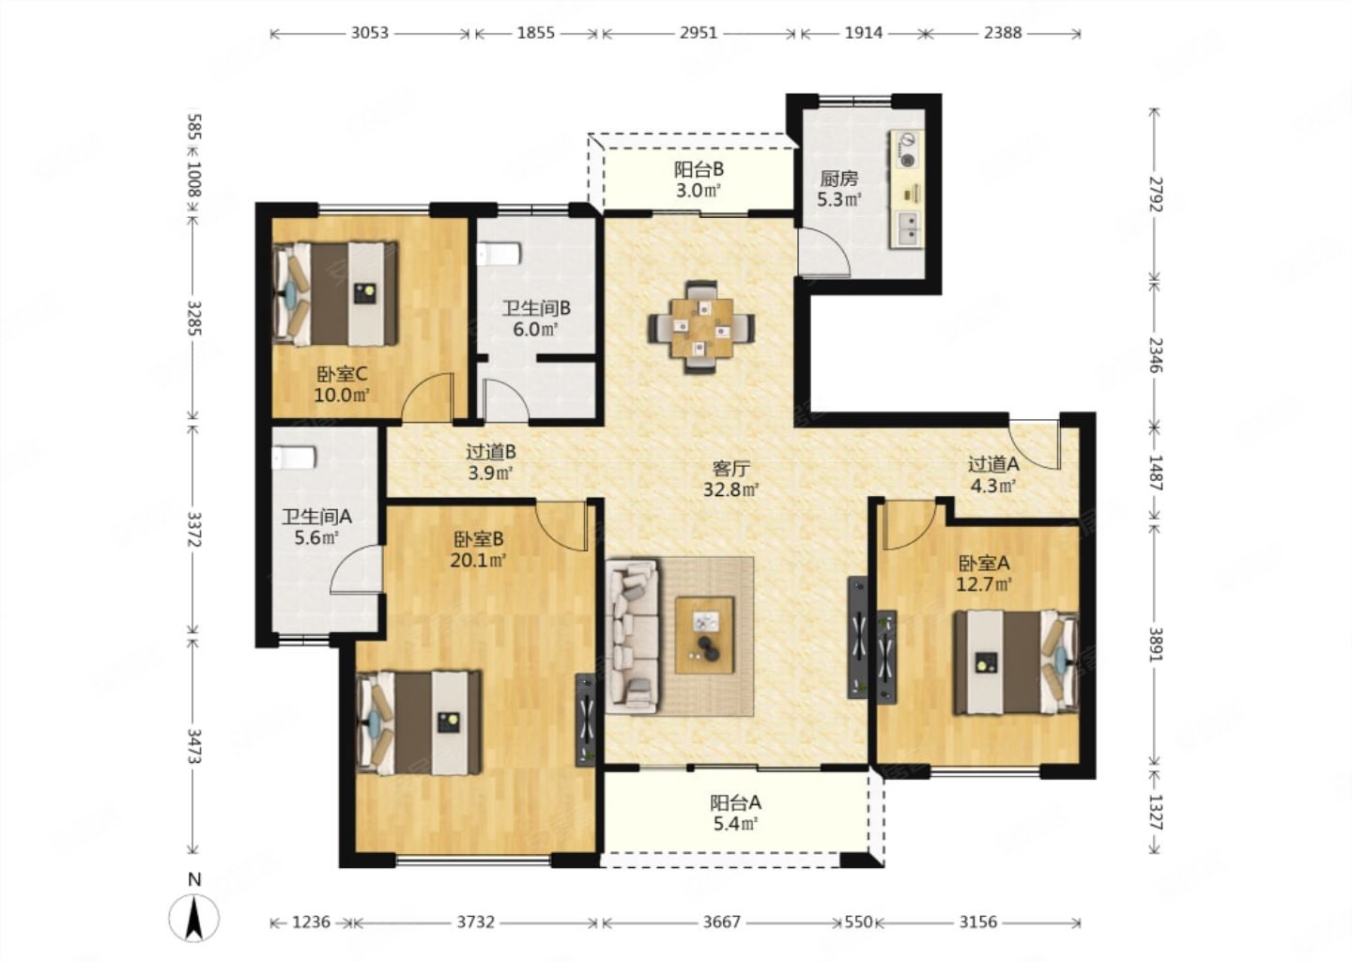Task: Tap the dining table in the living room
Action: pos(700,327)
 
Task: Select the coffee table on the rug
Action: pos(704,635)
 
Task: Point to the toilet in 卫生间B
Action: pos(499,255)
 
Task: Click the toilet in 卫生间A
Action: pos(293,458)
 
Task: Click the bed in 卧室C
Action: pos(335,293)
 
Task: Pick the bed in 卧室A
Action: pos(1015,663)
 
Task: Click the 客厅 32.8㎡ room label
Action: pos(730,478)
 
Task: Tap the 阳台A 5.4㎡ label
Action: pos(735,814)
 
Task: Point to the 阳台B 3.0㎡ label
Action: pos(699,180)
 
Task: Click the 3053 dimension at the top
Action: pos(370,33)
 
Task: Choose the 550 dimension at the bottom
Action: pos(858,923)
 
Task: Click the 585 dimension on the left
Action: pos(193,128)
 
